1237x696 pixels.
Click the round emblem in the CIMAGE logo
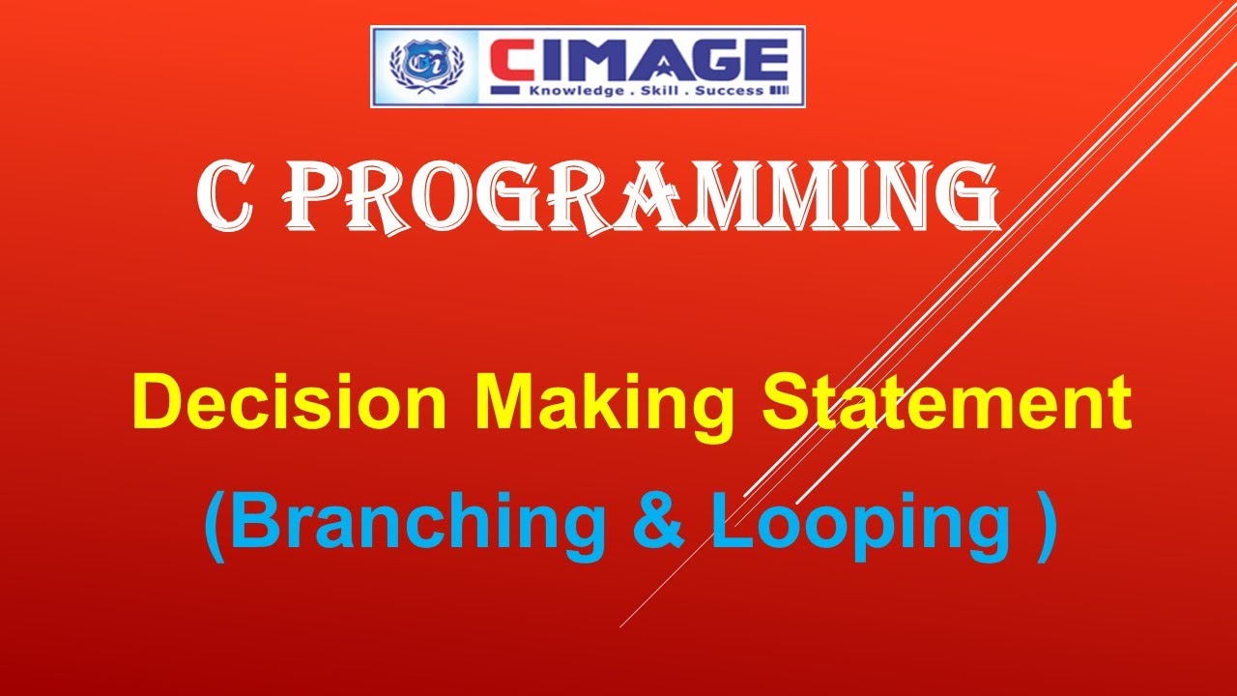tap(418, 66)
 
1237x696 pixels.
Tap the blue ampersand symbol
tap(661, 522)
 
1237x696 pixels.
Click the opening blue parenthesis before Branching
tap(215, 525)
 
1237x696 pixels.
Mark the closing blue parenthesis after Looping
tap(1043, 525)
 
